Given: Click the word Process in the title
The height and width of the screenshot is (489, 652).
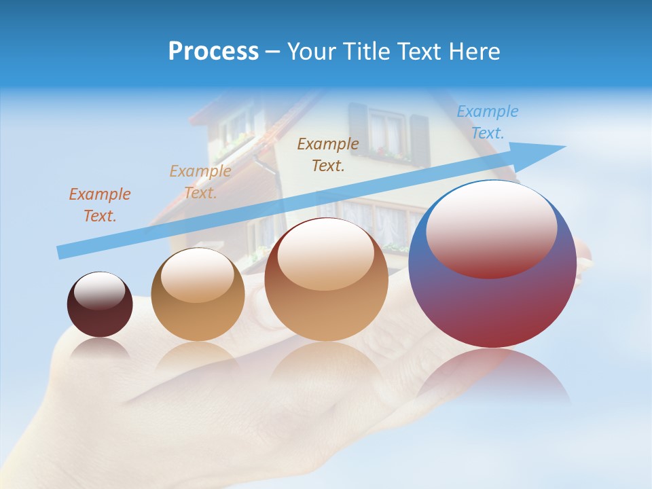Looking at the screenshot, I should pyautogui.click(x=213, y=51).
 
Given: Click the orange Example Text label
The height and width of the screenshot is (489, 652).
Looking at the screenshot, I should pyautogui.click(x=100, y=205).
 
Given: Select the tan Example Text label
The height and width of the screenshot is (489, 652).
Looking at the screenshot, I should pyautogui.click(x=200, y=182).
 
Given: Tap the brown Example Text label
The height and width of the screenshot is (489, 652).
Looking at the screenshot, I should pyautogui.click(x=328, y=154).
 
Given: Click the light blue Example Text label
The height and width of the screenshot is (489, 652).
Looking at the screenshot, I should pyautogui.click(x=488, y=122).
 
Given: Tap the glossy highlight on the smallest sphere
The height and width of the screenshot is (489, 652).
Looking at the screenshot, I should pyautogui.click(x=99, y=291).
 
